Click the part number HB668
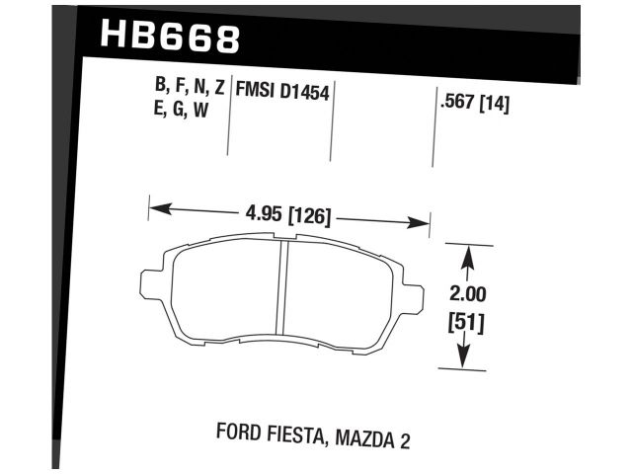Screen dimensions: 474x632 (171, 38)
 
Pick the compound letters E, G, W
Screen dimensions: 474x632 (176, 110)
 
